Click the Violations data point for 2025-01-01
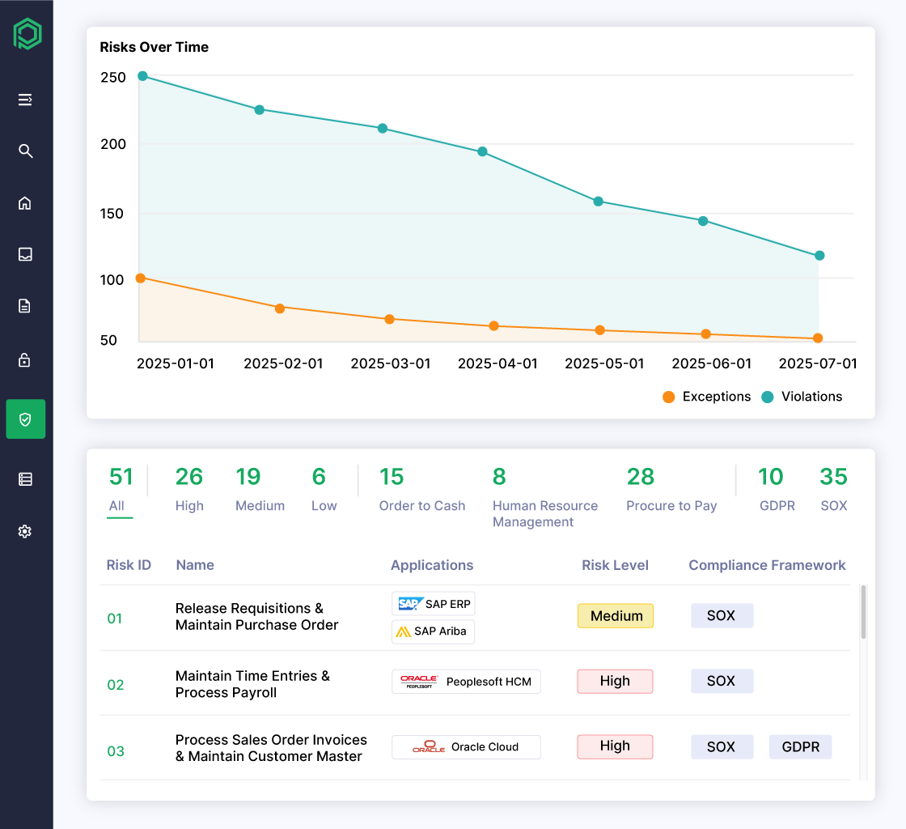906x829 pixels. (x=142, y=76)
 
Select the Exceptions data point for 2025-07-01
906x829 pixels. (x=818, y=338)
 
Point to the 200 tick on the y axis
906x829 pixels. (x=113, y=144)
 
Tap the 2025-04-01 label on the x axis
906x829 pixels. (x=497, y=363)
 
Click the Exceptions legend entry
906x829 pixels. (x=706, y=397)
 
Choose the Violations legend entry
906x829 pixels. (x=802, y=397)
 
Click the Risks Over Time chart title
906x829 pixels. (x=155, y=47)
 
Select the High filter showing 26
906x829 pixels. (x=189, y=489)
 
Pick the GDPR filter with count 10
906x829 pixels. (x=777, y=489)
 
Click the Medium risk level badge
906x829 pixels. (x=616, y=616)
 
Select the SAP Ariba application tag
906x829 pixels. (x=433, y=631)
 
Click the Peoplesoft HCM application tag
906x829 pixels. (x=466, y=682)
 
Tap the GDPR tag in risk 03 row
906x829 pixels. (x=800, y=747)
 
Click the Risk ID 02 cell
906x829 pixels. (x=116, y=685)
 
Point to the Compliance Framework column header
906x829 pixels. (x=767, y=565)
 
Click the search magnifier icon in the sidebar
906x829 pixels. (x=25, y=151)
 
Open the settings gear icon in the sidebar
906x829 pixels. (x=25, y=532)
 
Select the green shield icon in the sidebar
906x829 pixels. (x=25, y=419)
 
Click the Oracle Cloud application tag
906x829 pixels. (x=466, y=747)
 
